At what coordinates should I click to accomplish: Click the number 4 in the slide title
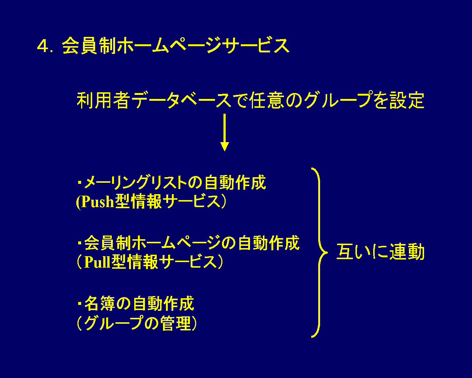coord(43,47)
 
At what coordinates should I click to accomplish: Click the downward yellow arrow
coord(224,133)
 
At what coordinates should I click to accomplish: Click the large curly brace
coord(318,253)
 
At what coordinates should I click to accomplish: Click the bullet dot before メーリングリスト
coord(79,182)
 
